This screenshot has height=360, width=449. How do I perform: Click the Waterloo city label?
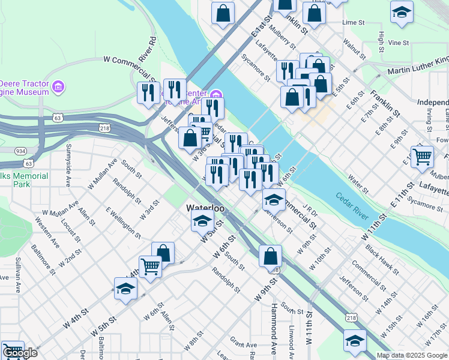pos(205,208)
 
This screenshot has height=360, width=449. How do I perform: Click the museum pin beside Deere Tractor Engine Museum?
pos(58,88)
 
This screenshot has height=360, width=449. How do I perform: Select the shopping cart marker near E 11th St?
pos(423,157)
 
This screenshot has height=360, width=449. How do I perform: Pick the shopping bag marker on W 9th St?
pos(270,256)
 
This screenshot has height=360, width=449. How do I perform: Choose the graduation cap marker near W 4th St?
pos(126,289)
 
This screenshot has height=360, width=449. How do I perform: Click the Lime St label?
pos(353,22)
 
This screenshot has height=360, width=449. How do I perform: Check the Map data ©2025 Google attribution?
pos(411,355)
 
